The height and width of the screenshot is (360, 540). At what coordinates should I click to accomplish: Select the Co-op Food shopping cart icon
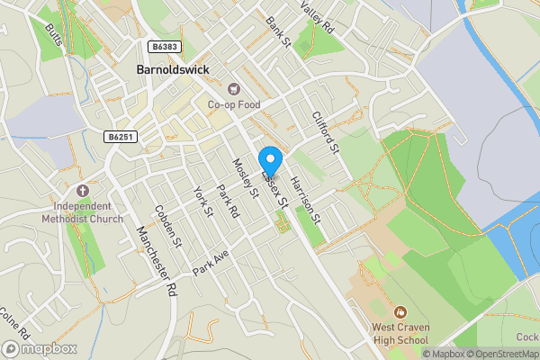point(234,88)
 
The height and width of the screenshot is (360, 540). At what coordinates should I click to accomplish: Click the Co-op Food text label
point(234,104)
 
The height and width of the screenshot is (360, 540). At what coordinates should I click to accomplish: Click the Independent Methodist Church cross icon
point(82,192)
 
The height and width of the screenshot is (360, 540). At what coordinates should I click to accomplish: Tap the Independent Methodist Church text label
point(82,212)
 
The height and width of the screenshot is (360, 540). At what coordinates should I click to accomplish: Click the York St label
point(202,202)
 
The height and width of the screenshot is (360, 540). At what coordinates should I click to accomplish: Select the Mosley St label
point(246,178)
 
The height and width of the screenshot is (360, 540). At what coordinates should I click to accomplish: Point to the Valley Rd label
point(318,16)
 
